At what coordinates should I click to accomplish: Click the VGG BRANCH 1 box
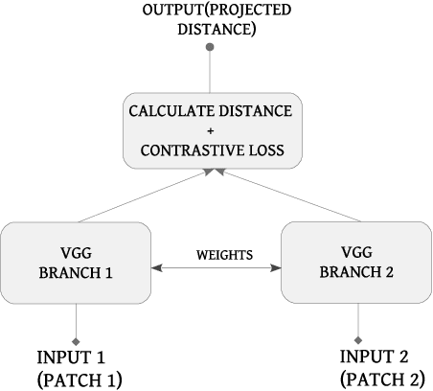click(76, 263)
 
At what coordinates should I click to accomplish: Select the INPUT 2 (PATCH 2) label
click(382, 368)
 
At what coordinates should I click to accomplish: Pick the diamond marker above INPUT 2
click(357, 340)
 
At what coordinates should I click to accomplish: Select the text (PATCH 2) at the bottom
click(382, 379)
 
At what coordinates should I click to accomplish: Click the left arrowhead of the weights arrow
click(157, 266)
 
